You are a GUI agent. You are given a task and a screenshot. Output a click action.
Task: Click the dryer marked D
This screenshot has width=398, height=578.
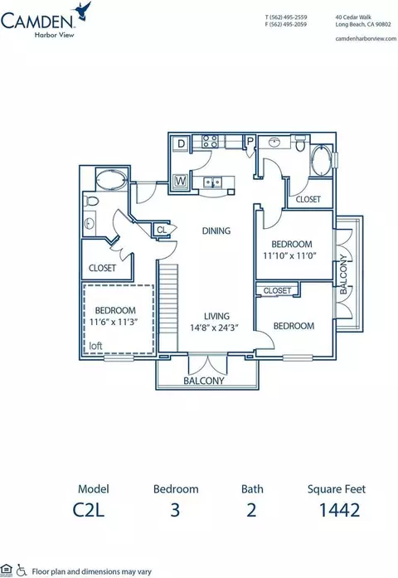(181, 143)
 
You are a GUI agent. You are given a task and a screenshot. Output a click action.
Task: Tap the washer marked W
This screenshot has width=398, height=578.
(180, 181)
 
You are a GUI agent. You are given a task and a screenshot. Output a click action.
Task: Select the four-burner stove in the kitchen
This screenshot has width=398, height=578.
(211, 141)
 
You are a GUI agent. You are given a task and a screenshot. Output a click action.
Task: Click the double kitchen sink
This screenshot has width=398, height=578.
(213, 182)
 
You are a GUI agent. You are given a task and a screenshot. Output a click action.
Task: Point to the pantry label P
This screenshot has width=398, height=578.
(250, 141)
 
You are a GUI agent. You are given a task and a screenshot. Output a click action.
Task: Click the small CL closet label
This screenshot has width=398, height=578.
(162, 230)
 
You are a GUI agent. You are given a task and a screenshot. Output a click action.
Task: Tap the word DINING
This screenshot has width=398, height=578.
(216, 231)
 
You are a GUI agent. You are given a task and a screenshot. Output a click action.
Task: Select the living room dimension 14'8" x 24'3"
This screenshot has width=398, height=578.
(215, 328)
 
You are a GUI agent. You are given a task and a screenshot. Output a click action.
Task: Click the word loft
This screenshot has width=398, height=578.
(95, 346)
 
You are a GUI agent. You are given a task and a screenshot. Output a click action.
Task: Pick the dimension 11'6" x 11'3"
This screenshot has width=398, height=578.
(114, 322)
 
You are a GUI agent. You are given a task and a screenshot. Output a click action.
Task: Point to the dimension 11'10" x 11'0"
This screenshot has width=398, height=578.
(290, 255)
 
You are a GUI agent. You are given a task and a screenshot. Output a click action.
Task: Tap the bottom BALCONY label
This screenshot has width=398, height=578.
(204, 381)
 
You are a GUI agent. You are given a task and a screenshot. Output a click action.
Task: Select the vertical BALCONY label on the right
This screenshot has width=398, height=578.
(343, 274)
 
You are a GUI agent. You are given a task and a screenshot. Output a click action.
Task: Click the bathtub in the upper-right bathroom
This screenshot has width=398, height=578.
(321, 161)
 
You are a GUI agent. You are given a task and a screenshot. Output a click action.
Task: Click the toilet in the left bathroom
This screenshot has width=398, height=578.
(91, 202)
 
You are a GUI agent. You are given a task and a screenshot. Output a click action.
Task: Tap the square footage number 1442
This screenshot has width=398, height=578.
(339, 510)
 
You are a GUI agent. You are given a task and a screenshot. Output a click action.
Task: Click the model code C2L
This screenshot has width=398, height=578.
(89, 510)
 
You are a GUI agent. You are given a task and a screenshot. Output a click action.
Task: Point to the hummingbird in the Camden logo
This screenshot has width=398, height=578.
(83, 10)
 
